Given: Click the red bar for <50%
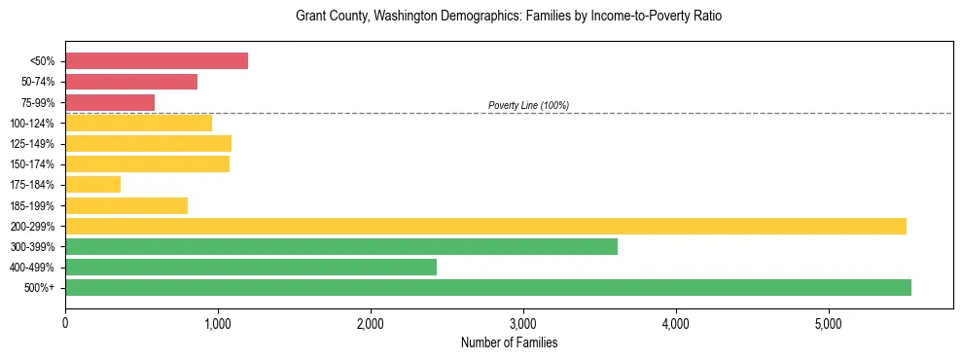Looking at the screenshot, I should click(x=156, y=61).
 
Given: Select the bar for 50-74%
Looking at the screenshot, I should click(x=131, y=82).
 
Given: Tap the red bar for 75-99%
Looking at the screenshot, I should click(x=110, y=102).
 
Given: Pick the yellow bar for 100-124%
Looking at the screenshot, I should click(x=138, y=123).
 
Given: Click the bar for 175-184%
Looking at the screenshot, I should click(x=92, y=184).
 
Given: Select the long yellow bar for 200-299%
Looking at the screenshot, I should click(x=485, y=226).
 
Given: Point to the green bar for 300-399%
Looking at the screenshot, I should click(x=340, y=246).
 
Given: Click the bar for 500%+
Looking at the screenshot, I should click(x=487, y=287).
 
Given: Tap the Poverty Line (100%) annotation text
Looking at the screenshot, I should click(x=528, y=105).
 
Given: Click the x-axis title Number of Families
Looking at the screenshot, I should click(x=509, y=342).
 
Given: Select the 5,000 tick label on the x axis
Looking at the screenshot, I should click(x=829, y=323).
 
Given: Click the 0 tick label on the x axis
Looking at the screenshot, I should click(x=65, y=323).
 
